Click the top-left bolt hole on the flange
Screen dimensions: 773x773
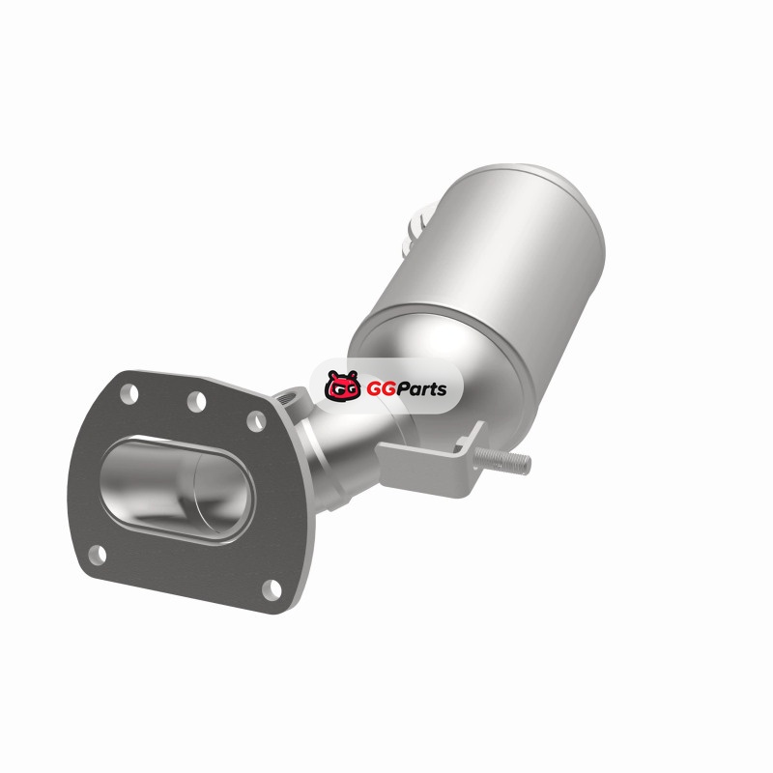[129, 394]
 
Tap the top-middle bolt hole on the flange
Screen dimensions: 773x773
[197, 401]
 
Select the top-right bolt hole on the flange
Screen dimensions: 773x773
[256, 421]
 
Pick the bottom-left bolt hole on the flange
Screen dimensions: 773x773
[98, 554]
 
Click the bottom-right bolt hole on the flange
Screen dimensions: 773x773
[272, 590]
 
